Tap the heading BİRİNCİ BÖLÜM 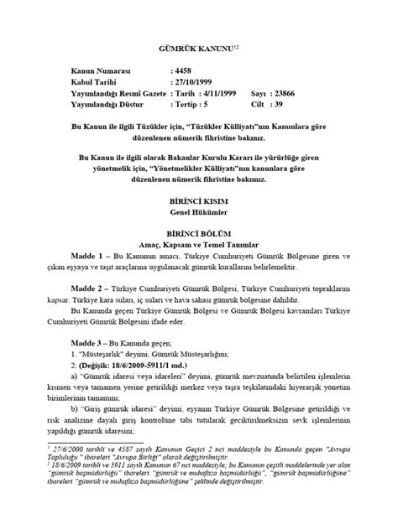[198, 237]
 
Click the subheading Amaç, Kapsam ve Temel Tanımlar [198, 249]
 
